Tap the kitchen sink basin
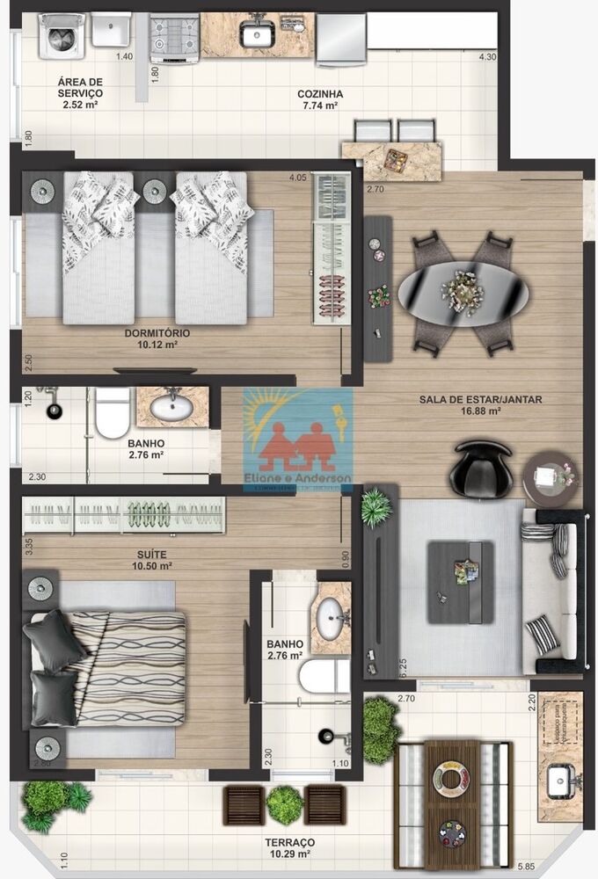click(257, 34)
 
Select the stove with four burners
click(174, 36)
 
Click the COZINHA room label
click(320, 94)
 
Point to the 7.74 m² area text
click(320, 105)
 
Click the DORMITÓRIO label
click(157, 333)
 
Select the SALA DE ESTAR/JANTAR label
click(480, 399)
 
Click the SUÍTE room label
click(152, 555)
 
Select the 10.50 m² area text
click(152, 566)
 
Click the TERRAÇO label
click(289, 842)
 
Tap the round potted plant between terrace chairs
click(285, 804)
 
